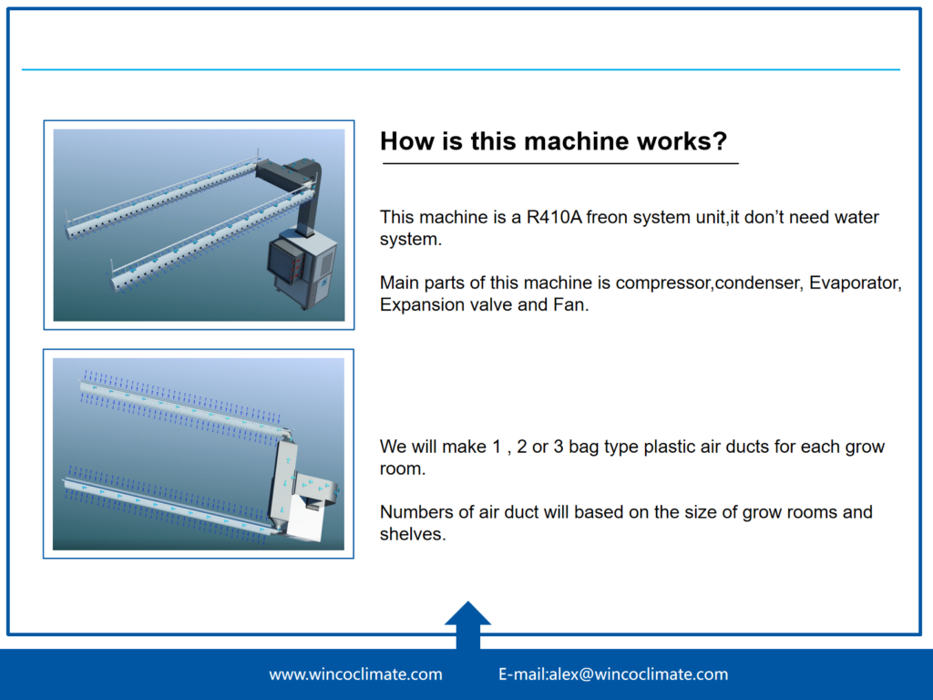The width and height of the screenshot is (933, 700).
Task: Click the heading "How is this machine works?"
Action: pos(553,141)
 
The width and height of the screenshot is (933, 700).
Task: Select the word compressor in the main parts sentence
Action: pos(663,283)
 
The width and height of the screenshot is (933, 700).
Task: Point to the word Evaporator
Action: pos(855,283)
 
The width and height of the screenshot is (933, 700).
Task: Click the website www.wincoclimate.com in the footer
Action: pos(356,674)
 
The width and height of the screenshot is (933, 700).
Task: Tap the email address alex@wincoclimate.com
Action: pos(638,674)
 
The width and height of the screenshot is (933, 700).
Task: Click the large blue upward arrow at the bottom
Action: pos(467,625)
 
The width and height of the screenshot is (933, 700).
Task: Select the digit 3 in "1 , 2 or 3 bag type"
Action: pos(559,447)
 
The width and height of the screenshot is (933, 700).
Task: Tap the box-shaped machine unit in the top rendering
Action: pos(302,268)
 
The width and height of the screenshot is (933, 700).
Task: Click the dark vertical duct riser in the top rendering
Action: pos(307,198)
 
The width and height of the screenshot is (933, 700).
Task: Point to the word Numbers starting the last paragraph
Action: pos(410,512)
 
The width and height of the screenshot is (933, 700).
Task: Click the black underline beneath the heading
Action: pos(560,162)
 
